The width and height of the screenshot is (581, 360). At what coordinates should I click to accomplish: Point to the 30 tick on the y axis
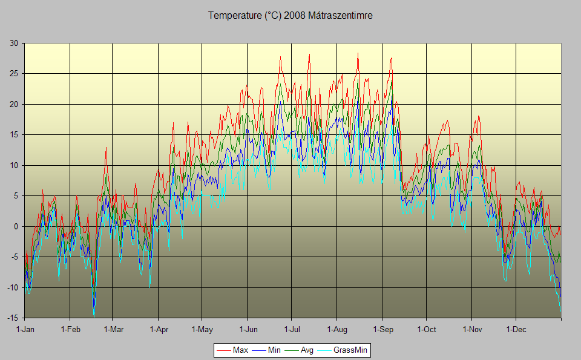click(13, 43)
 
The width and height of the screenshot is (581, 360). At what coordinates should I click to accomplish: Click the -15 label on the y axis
click(12, 318)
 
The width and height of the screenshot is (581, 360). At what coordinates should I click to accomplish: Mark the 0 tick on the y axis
click(16, 226)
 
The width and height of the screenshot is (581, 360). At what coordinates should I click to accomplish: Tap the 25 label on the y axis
click(13, 74)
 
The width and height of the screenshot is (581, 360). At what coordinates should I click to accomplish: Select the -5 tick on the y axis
click(14, 257)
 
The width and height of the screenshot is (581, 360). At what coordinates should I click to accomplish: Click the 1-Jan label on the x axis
click(25, 330)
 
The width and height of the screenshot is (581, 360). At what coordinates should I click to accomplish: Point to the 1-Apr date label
click(159, 330)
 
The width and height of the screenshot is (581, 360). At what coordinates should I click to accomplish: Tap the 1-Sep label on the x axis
click(382, 330)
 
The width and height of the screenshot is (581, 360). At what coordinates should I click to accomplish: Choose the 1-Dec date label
click(516, 330)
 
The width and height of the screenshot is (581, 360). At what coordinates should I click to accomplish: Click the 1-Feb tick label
click(70, 330)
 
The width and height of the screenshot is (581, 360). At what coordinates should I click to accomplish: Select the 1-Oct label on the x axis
click(426, 330)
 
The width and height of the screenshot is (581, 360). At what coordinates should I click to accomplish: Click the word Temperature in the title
click(235, 16)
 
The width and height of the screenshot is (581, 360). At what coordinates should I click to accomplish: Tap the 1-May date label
click(202, 330)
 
